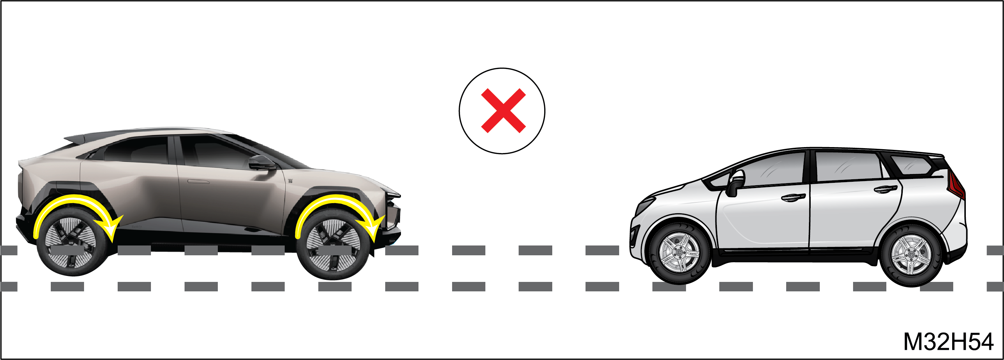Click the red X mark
(x=503, y=111)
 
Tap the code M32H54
(x=948, y=342)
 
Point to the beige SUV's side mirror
(x=262, y=163)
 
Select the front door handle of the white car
(x=793, y=198)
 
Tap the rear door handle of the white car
(x=886, y=189)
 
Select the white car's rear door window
(x=848, y=166)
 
